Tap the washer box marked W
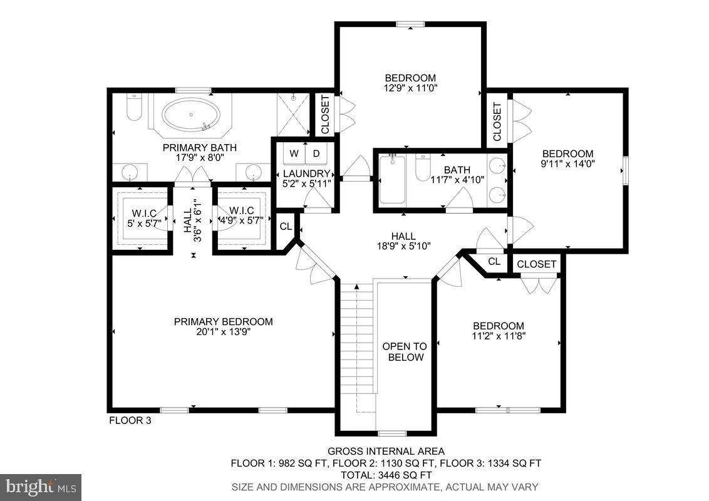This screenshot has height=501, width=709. (293, 153)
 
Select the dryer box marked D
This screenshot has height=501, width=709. (316, 153)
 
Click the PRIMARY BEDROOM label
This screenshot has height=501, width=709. (224, 322)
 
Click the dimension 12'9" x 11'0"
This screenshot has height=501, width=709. (410, 88)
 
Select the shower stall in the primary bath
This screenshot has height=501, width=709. (294, 114)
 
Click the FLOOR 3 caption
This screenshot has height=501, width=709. (130, 421)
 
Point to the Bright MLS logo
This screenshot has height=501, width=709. (41, 487)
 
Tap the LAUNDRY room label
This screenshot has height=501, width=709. (306, 173)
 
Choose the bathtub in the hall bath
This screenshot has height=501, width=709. (393, 180)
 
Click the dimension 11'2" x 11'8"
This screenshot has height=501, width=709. (498, 336)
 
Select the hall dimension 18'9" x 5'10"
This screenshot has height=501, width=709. (403, 245)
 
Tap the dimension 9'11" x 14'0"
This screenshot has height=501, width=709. (567, 163)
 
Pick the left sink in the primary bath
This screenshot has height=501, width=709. (130, 171)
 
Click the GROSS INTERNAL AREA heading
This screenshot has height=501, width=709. (385, 452)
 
